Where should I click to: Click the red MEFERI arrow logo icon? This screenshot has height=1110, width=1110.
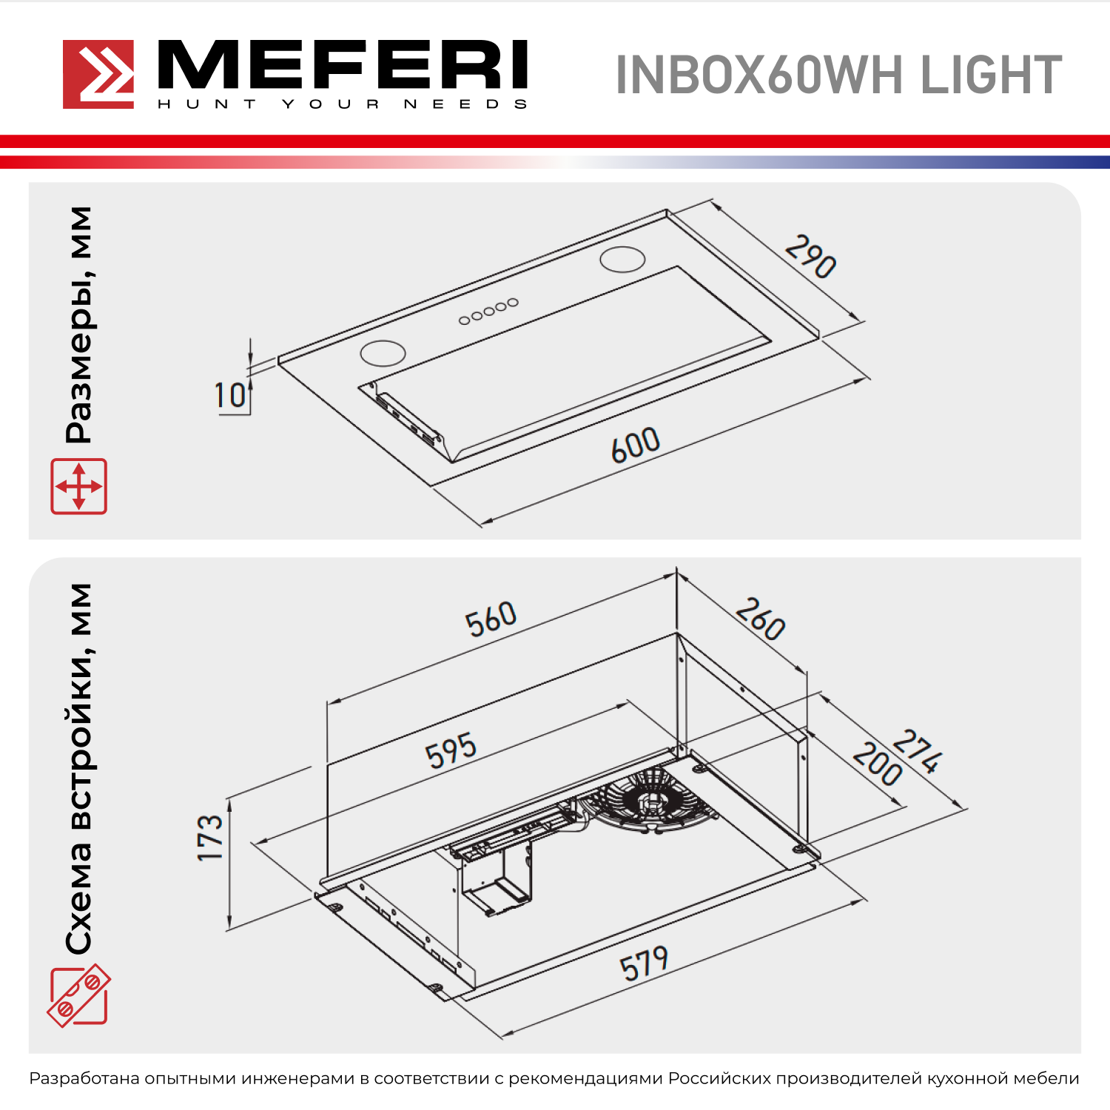(x=98, y=74)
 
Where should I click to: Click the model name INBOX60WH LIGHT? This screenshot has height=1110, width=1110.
(x=838, y=75)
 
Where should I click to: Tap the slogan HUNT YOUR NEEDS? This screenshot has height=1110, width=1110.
(x=342, y=104)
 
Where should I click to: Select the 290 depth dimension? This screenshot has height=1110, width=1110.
(x=810, y=256)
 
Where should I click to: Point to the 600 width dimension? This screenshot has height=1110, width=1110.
(x=636, y=445)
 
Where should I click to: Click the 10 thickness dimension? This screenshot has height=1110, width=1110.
(x=230, y=395)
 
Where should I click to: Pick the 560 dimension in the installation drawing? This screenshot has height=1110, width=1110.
(x=491, y=619)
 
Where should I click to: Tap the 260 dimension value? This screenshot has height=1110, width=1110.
(x=760, y=619)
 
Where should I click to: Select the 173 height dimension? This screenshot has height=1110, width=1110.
(x=210, y=837)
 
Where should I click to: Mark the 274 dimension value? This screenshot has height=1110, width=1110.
(x=918, y=751)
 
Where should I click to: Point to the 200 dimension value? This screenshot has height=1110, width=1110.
(x=877, y=764)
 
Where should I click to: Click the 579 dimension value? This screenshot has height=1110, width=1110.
(x=644, y=964)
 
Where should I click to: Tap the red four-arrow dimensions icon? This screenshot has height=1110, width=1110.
(x=78, y=486)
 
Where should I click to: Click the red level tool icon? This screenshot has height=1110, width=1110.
(x=78, y=995)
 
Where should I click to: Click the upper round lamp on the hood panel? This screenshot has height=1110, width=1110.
(x=622, y=259)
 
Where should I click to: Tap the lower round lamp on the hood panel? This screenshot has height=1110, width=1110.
(x=383, y=353)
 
